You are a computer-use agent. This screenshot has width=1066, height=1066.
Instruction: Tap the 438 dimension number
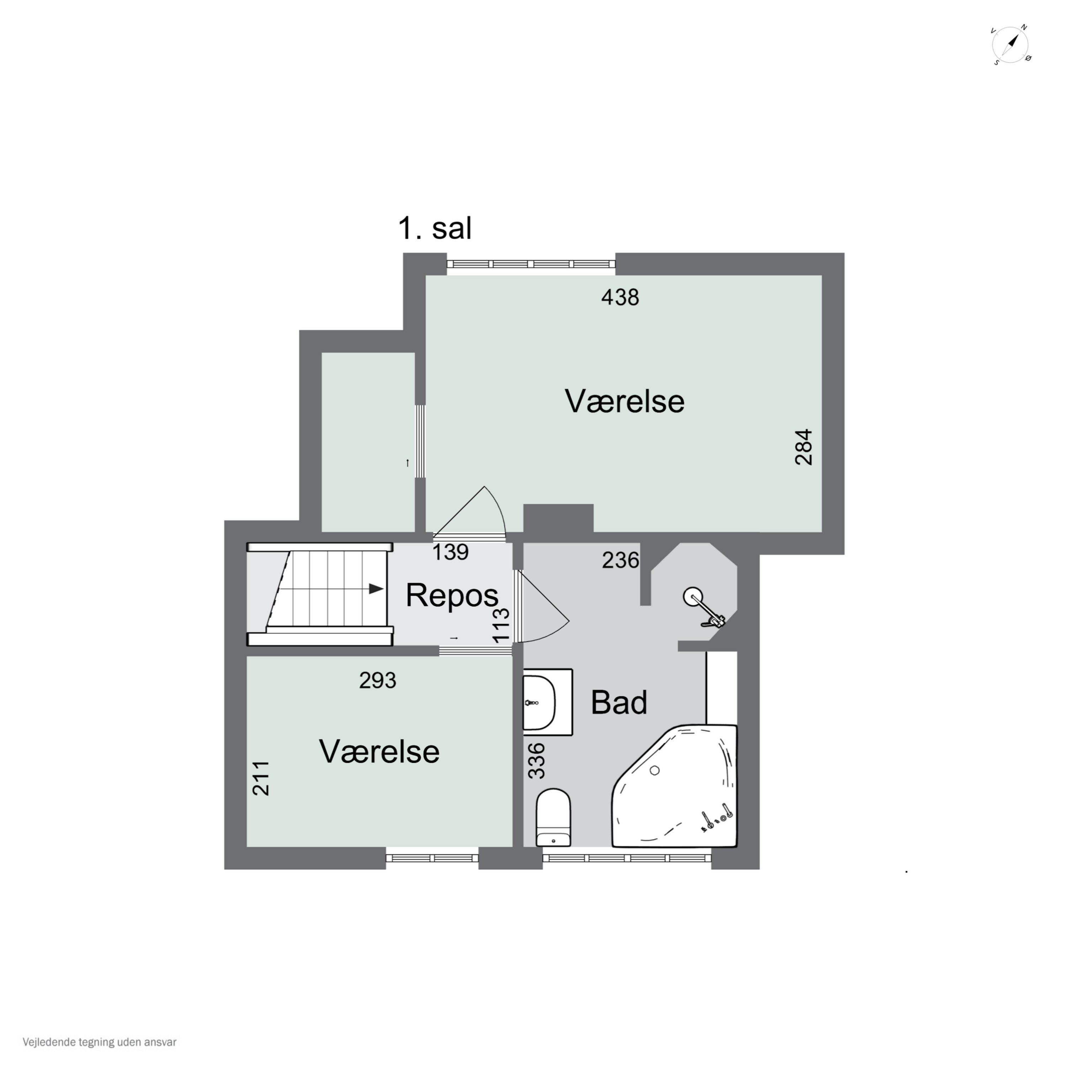[620, 297]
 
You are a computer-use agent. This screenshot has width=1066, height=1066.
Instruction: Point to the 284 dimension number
[804, 447]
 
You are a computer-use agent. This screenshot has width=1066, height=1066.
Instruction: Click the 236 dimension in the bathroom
[620, 561]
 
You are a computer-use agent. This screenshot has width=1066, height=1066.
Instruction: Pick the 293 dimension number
[378, 680]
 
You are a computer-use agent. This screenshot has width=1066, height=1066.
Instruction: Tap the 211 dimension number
[261, 778]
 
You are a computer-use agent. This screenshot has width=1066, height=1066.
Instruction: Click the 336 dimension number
[536, 761]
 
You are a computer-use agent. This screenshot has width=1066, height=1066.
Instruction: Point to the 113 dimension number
[501, 625]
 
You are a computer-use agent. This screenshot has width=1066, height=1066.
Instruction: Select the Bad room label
[619, 702]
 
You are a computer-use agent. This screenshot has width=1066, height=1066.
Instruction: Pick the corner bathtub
[675, 786]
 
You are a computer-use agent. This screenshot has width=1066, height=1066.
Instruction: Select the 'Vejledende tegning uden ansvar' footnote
[99, 1042]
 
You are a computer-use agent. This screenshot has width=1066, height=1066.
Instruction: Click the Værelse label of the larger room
[624, 401]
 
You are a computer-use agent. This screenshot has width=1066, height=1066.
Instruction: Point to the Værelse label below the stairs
[379, 752]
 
